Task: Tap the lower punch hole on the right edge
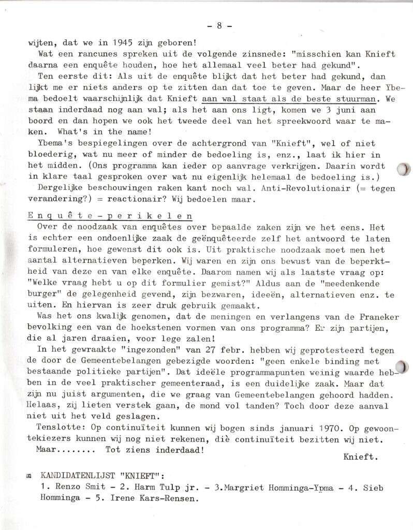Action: pos(405,366)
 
